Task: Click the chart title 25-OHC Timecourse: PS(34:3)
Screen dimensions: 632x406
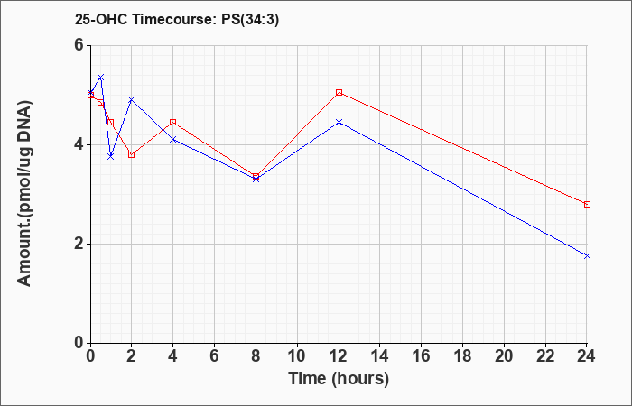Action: pyautogui.click(x=177, y=20)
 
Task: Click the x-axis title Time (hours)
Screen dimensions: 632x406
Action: pyautogui.click(x=339, y=379)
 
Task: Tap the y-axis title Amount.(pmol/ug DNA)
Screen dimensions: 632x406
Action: pyautogui.click(x=25, y=193)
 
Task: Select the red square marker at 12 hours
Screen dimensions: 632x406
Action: pyautogui.click(x=339, y=93)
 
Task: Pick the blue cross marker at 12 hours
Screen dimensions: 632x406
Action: pyautogui.click(x=339, y=122)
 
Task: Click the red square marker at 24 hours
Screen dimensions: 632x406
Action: pyautogui.click(x=587, y=205)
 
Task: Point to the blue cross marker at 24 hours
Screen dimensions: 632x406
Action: pyautogui.click(x=587, y=255)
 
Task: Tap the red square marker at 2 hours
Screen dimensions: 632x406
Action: pyautogui.click(x=132, y=154)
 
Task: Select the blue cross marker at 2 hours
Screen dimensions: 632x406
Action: pyautogui.click(x=132, y=99)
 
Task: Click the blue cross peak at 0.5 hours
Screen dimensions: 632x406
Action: pyautogui.click(x=101, y=77)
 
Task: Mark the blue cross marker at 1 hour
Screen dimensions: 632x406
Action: pyautogui.click(x=111, y=156)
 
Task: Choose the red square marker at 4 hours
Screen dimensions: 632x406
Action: pyautogui.click(x=173, y=122)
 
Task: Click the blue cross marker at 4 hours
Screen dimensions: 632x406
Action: pyautogui.click(x=173, y=139)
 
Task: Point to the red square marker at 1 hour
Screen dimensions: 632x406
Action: pyautogui.click(x=111, y=122)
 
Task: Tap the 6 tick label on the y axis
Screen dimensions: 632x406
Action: pyautogui.click(x=79, y=45)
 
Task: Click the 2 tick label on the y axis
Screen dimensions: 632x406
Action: pyautogui.click(x=79, y=245)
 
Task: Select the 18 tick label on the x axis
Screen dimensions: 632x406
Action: pyautogui.click(x=462, y=356)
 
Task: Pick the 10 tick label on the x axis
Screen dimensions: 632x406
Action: pyautogui.click(x=297, y=356)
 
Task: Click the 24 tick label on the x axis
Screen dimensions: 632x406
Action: pyautogui.click(x=586, y=356)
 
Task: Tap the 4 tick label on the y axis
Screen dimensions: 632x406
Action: pyautogui.click(x=79, y=144)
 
